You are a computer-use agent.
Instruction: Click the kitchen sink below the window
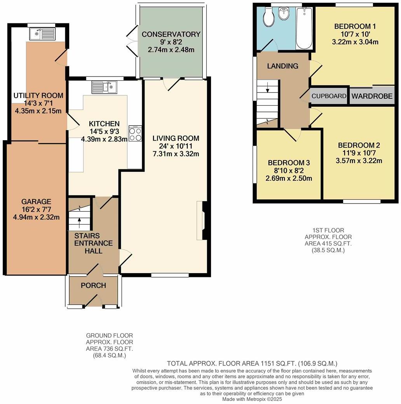[x=104, y=87]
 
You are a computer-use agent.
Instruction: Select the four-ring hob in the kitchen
[x=135, y=134]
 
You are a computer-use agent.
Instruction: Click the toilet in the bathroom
[x=268, y=16]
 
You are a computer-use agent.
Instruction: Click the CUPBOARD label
[x=329, y=96]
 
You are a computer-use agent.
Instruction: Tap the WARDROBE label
[x=372, y=96]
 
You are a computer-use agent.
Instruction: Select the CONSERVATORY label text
[x=171, y=34]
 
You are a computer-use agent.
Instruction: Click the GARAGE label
[x=36, y=202]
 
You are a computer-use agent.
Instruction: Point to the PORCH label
[x=93, y=286]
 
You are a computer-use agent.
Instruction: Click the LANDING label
[x=282, y=66]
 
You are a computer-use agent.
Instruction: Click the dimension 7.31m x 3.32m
[x=176, y=154]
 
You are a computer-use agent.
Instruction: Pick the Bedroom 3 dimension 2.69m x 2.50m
[x=289, y=179]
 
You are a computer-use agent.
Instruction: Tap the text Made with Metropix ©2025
[x=252, y=399]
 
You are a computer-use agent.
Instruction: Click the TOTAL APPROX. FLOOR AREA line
[x=252, y=364]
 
